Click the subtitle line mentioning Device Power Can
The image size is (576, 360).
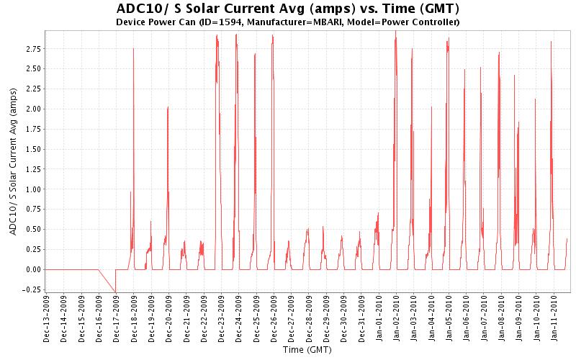(287, 22)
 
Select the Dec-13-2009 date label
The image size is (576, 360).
(46, 318)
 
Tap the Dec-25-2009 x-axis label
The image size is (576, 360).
(256, 318)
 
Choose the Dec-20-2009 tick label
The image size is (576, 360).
(168, 318)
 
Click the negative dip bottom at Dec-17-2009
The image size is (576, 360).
(115, 292)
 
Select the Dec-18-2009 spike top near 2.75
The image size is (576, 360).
(133, 49)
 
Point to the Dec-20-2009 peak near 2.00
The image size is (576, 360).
(168, 107)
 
